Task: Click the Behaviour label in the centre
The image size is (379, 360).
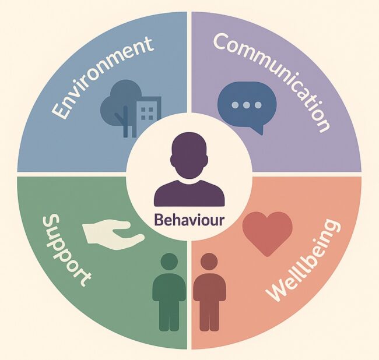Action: [189, 221]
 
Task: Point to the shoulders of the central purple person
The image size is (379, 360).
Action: [189, 192]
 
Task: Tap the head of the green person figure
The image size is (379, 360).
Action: [169, 263]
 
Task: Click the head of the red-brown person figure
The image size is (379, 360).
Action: [209, 263]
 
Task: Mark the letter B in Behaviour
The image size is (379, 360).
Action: [159, 221]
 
